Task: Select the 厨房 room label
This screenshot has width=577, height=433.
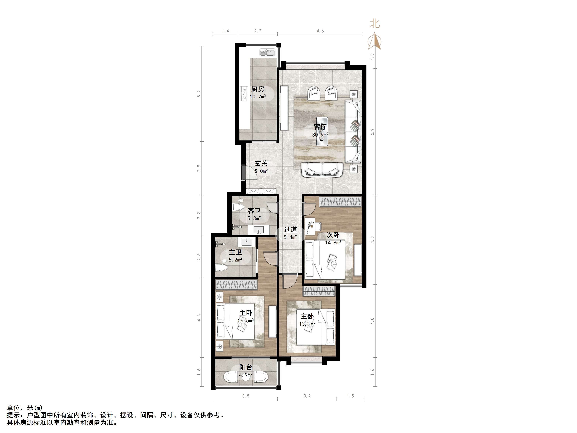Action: (258, 89)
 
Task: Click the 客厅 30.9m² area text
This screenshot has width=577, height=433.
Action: (320, 135)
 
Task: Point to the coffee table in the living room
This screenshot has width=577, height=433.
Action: (322, 131)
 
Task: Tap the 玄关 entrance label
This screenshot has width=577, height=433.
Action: (261, 163)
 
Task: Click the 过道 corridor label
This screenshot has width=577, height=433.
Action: (290, 229)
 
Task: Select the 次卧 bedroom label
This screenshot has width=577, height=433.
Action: (333, 235)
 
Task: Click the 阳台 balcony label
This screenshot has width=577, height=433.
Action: (246, 367)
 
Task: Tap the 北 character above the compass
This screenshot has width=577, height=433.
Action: (375, 24)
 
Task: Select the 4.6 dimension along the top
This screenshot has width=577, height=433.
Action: (320, 31)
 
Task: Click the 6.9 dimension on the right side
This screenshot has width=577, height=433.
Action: (373, 132)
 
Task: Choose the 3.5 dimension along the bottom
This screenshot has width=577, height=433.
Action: (246, 396)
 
